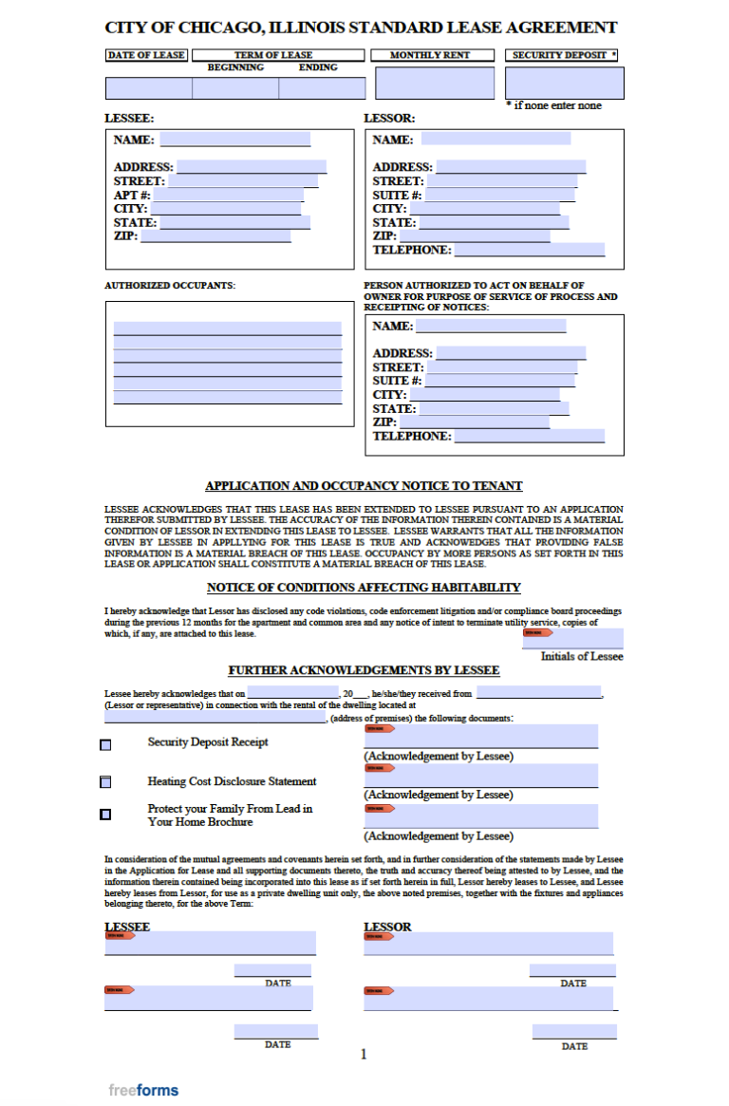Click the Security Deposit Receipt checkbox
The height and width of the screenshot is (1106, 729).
105,745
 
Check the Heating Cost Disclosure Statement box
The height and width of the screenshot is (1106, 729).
105,782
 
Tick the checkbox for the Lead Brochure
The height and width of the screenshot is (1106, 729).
105,814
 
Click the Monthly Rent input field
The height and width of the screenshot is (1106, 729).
435,84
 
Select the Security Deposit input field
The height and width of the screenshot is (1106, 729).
565,84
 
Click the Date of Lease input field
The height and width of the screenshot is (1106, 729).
148,88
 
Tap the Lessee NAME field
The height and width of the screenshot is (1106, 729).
234,140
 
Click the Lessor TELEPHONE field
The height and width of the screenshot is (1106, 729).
528,250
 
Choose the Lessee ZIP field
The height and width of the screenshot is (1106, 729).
215,236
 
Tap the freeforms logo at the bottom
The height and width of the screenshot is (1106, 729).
143,1090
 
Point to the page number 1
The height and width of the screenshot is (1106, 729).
364,1054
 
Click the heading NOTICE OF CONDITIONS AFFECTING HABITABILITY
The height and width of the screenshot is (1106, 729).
364,588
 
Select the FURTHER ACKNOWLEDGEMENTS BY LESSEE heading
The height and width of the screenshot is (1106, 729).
364,670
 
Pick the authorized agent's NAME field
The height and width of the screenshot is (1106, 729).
491,326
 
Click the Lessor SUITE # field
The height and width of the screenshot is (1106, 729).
499,381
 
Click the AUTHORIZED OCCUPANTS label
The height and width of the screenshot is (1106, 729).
170,285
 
